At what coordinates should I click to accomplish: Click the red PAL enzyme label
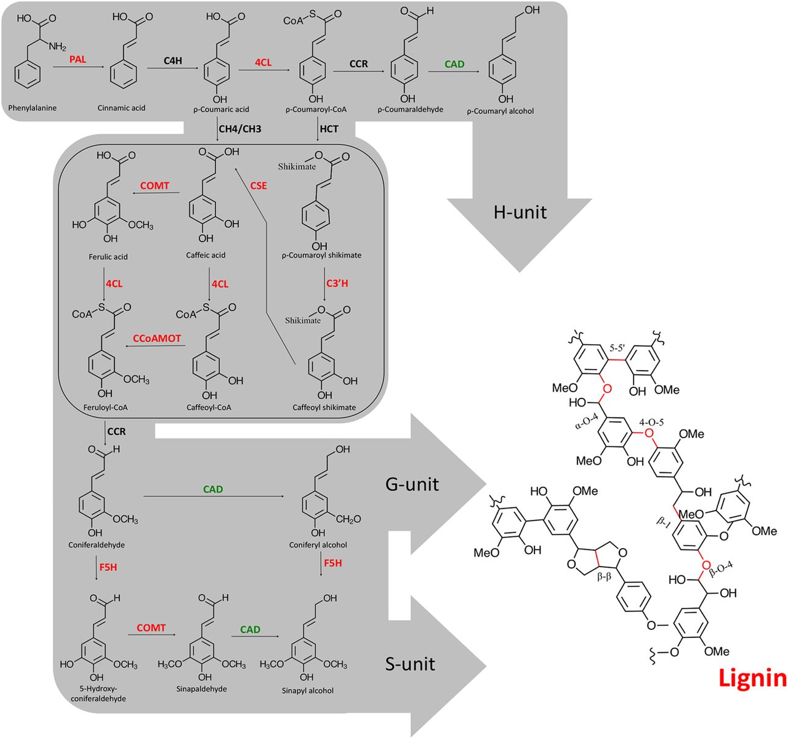[x=78, y=59]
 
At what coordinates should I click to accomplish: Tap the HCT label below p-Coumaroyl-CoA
[x=329, y=129]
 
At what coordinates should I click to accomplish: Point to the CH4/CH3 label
[x=240, y=129]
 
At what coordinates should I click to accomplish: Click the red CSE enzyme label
[x=259, y=185]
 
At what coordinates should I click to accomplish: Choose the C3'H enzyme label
[x=337, y=283]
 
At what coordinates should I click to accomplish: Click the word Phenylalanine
[x=32, y=108]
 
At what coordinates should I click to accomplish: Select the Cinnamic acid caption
[x=121, y=108]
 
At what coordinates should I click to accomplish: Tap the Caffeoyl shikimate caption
[x=324, y=407]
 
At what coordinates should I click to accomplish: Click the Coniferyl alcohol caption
[x=318, y=545]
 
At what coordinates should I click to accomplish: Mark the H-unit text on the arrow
[x=520, y=212]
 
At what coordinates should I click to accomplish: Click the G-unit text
[x=412, y=483]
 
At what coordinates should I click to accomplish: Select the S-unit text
[x=410, y=664]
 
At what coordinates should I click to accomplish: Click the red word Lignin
[x=752, y=678]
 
